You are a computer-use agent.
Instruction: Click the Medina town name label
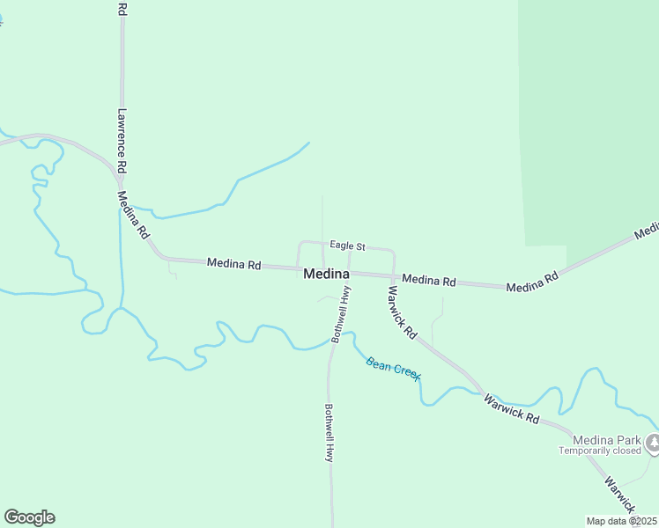326,275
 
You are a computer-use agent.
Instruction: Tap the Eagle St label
347,246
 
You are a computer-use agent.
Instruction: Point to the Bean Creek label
393,369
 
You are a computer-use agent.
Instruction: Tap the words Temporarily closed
600,451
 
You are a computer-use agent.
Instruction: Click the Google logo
29,517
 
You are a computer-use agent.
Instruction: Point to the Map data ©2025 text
621,521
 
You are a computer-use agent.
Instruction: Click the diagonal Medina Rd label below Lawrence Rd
133,216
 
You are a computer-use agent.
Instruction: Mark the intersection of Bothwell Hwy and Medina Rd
349,271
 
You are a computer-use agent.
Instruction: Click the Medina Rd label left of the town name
233,263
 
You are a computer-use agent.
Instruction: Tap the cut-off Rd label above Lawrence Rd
122,9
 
